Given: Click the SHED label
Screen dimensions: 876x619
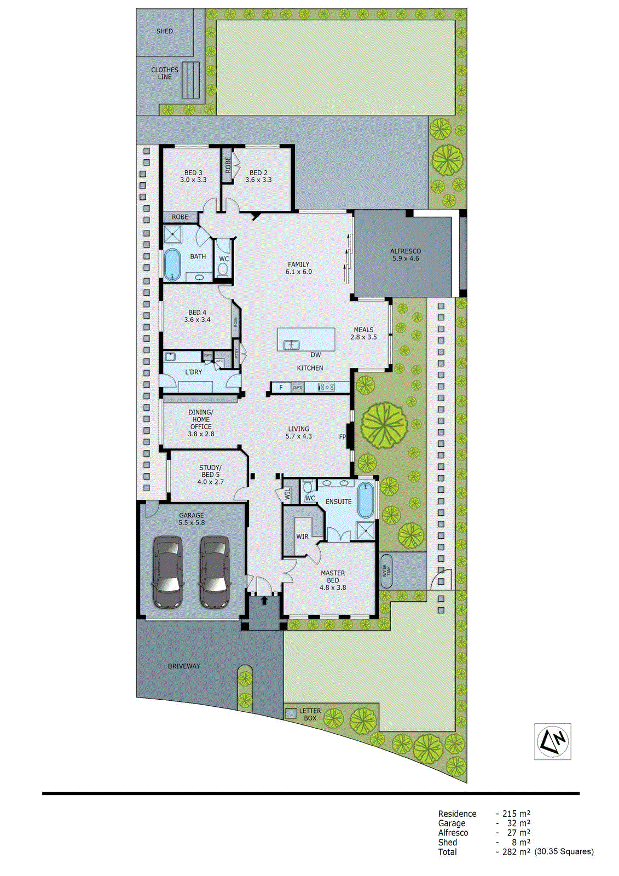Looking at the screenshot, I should [164, 31].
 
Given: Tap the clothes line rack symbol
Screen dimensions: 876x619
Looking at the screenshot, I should [190, 80].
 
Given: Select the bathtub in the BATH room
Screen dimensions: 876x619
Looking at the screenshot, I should [172, 264].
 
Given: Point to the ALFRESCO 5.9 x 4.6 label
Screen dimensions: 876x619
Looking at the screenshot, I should [406, 255].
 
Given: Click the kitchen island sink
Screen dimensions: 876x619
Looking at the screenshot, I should [291, 345].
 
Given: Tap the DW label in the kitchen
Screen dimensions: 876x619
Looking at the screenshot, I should [316, 355].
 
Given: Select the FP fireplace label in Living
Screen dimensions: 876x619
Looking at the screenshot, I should [343, 437].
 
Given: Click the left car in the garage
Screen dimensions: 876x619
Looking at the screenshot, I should [167, 572].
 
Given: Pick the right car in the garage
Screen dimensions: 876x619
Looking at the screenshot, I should [215, 572].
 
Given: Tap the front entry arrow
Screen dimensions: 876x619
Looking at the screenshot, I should [264, 600].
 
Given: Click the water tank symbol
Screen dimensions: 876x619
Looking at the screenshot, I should [386, 571].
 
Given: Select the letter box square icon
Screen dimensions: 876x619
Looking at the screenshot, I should [291, 714].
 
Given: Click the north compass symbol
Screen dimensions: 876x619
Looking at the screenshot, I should [552, 741].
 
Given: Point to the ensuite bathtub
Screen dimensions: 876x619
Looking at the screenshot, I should [366, 500].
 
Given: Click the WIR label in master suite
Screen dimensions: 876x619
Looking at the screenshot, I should [302, 537].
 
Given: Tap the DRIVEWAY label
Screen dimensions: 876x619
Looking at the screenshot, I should [184, 666].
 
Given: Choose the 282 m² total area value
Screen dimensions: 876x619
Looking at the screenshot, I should [516, 852].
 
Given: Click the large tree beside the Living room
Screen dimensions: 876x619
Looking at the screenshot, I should [384, 425].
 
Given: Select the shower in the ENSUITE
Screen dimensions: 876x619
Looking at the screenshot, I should [365, 531].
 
